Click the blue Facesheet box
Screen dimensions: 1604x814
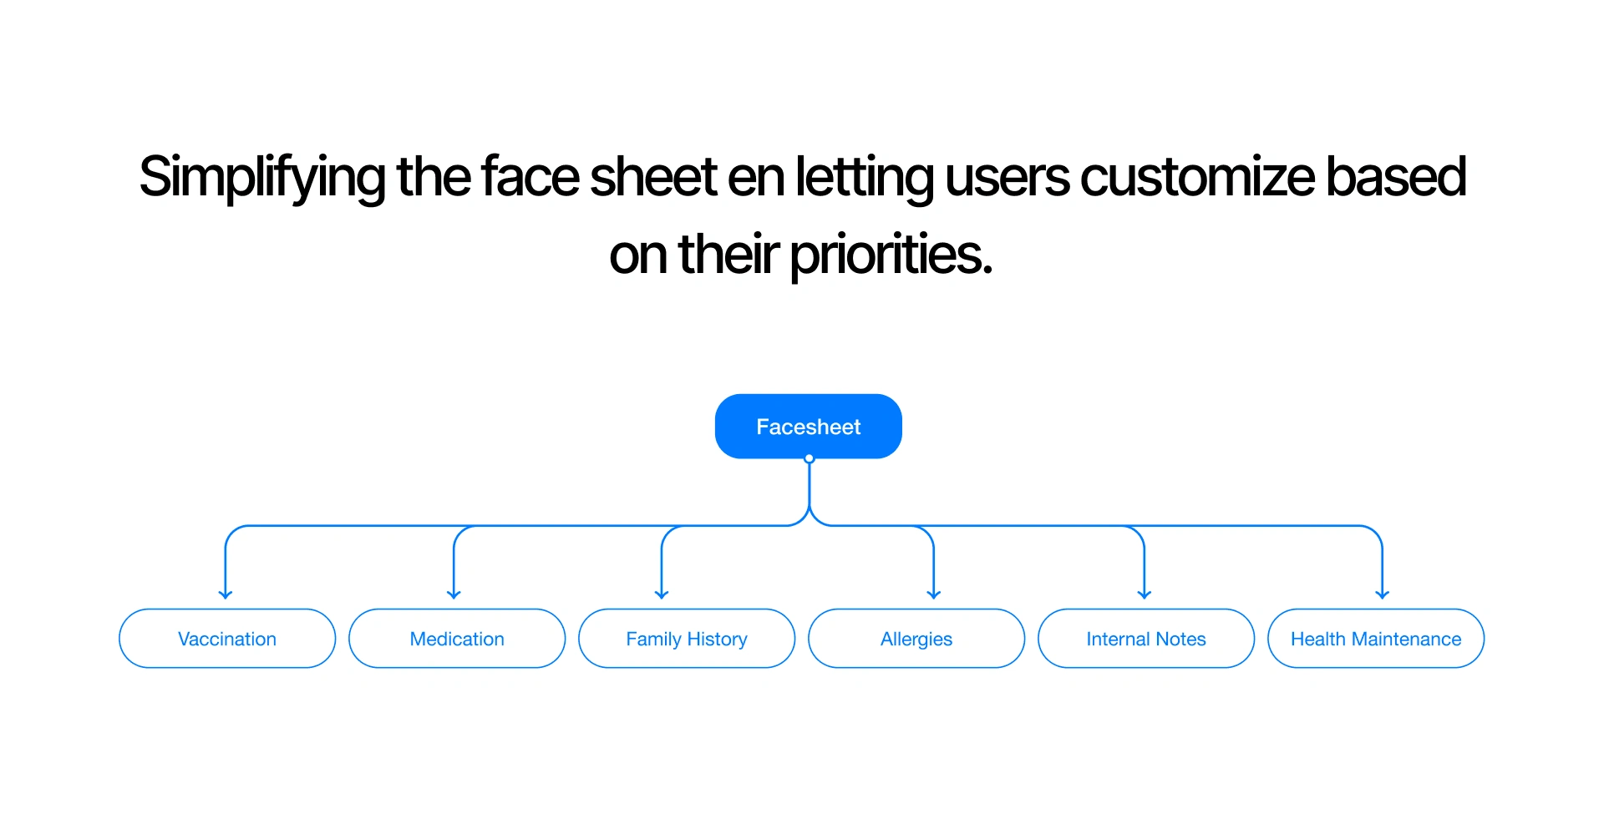(808, 426)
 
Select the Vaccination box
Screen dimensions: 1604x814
(227, 639)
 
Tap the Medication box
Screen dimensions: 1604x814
(457, 639)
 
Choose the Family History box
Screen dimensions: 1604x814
(687, 639)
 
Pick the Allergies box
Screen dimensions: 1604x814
(916, 639)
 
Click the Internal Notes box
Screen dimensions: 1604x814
(1146, 639)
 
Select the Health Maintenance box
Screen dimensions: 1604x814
(1376, 639)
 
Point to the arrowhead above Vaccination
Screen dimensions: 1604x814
(226, 595)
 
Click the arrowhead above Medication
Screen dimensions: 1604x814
(454, 595)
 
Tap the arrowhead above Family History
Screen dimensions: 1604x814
(662, 595)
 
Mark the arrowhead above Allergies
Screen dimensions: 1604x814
(934, 595)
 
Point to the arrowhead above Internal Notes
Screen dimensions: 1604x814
(1145, 595)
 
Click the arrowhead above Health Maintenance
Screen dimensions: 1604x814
(1383, 595)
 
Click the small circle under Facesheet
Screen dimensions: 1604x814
(809, 458)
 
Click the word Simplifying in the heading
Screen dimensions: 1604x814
(262, 178)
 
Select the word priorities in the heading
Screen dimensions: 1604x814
(891, 255)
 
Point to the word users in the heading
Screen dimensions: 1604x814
(1007, 178)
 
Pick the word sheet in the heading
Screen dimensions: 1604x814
(653, 177)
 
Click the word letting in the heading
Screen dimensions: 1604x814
(864, 178)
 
